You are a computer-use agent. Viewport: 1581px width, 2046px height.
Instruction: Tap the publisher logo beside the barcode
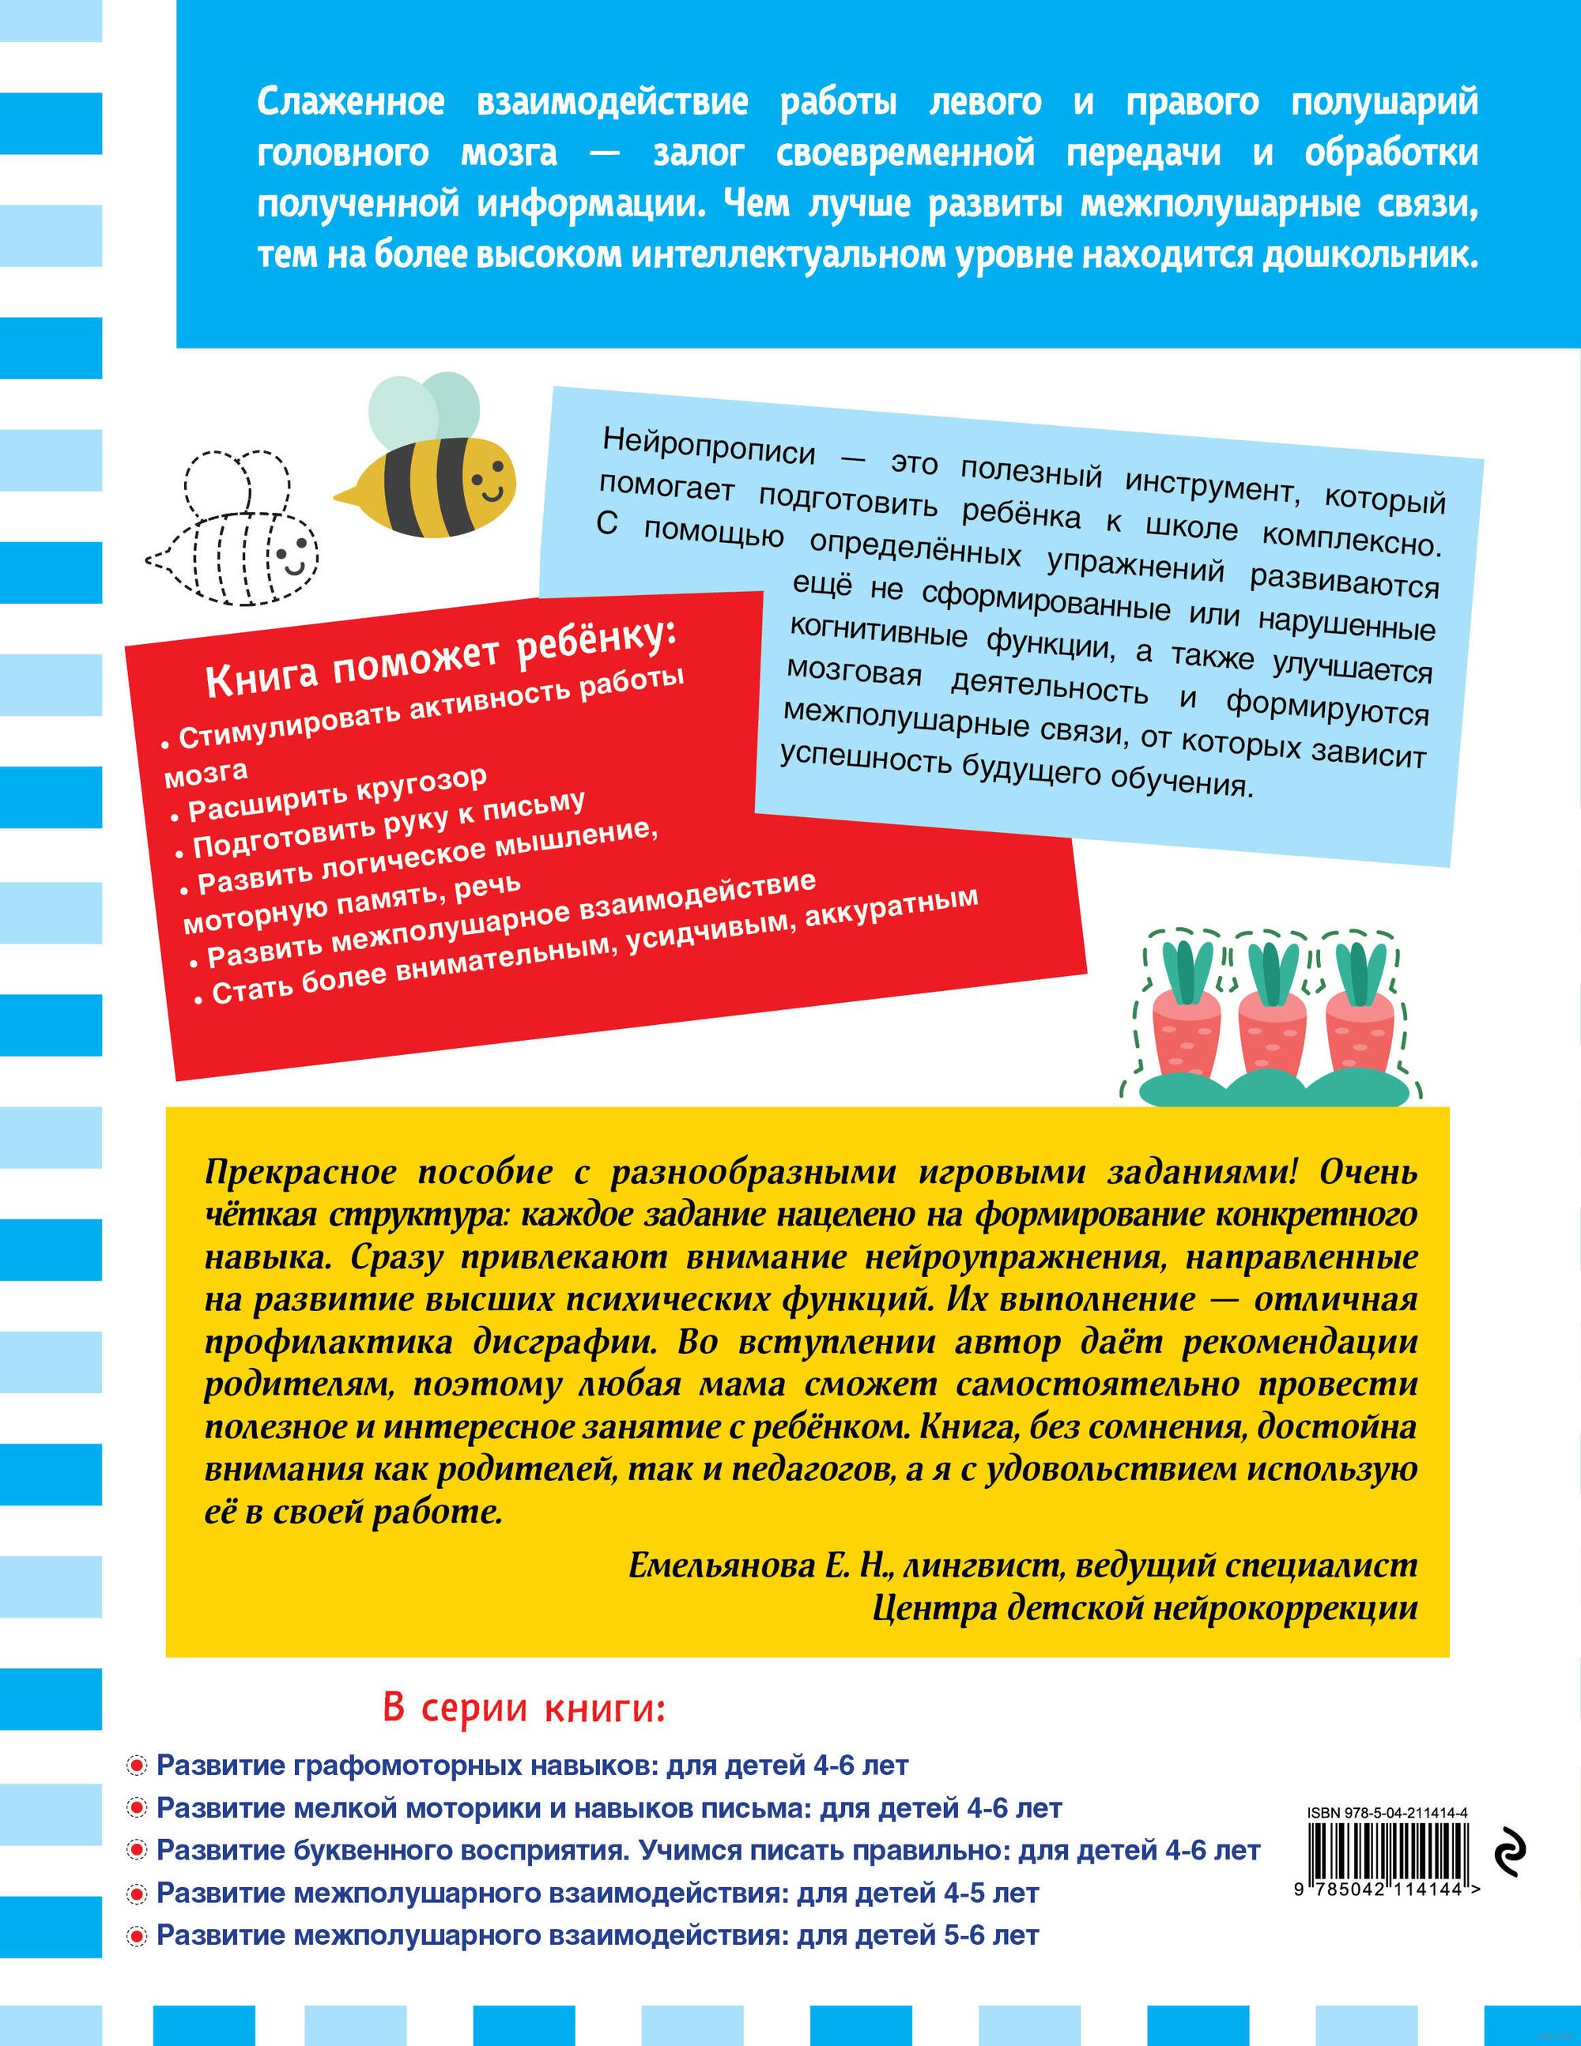[1510, 1856]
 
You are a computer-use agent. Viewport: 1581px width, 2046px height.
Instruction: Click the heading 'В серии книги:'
[524, 1709]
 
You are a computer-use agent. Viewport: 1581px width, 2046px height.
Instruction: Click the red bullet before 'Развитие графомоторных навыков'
[137, 1767]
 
